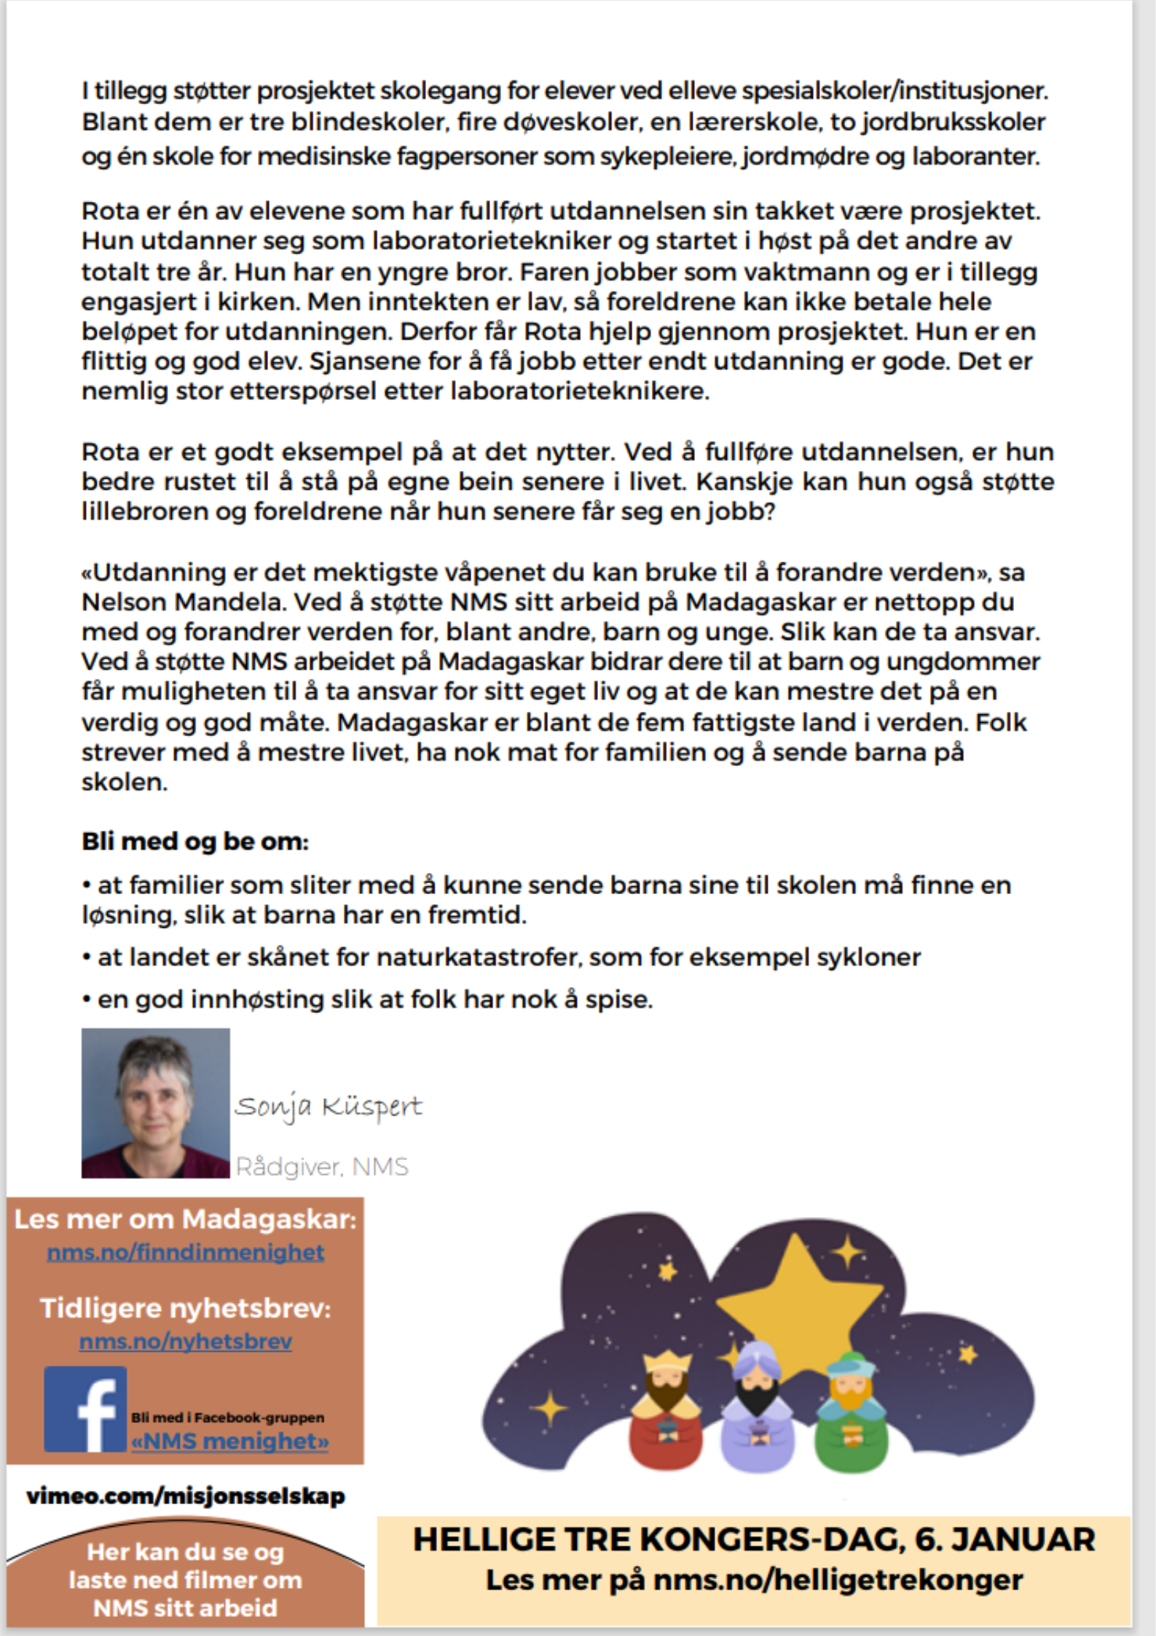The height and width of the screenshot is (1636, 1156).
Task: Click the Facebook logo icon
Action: click(x=85, y=1409)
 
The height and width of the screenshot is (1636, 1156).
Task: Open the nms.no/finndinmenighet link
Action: click(x=186, y=1252)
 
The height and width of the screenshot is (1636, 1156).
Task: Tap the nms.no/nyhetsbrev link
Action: click(x=186, y=1341)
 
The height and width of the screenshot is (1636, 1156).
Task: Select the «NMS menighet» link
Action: click(x=230, y=1441)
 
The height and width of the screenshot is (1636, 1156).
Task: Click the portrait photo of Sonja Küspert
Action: click(x=155, y=1103)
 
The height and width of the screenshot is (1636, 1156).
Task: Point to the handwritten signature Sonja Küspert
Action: click(x=328, y=1107)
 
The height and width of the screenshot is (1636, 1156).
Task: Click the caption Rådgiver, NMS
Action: click(x=322, y=1167)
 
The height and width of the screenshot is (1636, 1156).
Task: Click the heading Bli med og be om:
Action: click(x=195, y=841)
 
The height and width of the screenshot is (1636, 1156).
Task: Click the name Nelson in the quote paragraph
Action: click(x=125, y=602)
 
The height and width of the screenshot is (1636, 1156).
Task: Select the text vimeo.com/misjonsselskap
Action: click(x=186, y=1496)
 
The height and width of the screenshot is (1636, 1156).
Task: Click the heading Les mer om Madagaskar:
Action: click(x=186, y=1219)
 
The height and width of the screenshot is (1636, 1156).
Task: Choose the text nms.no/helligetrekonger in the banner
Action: click(x=838, y=1580)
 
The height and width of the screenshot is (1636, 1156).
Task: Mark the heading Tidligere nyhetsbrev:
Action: click(x=186, y=1308)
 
